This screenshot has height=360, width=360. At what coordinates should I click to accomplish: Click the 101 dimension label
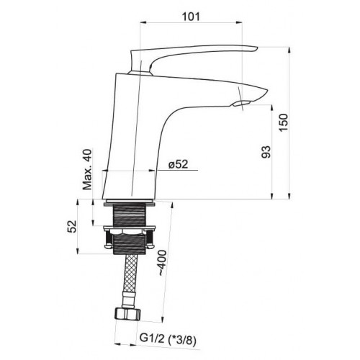[x=191, y=17]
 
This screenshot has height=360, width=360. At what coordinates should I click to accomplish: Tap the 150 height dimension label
[x=283, y=122]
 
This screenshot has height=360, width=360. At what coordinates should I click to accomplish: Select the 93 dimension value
[x=266, y=152]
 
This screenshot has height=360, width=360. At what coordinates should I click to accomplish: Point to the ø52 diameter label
[x=179, y=164]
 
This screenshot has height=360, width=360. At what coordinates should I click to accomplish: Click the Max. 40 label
[x=87, y=170]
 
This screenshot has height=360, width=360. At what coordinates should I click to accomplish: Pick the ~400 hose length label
[x=163, y=263]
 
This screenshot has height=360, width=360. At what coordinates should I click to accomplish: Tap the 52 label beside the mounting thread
[x=72, y=226]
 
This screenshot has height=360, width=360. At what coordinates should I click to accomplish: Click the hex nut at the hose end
[x=127, y=314]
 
